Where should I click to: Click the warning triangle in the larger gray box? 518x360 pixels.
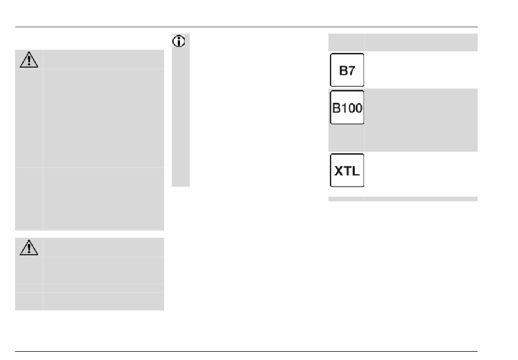coord(29,60)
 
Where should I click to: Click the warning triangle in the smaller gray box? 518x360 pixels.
coord(29,248)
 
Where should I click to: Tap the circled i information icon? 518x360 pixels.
coord(179,41)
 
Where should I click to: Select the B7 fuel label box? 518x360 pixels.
coord(347,70)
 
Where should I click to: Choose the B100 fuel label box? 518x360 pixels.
coord(347,107)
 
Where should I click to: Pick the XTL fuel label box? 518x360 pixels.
coord(347,170)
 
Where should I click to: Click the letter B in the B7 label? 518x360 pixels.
coord(343,70)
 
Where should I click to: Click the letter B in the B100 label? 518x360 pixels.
coord(336,108)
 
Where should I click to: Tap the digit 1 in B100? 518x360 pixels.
coord(343,108)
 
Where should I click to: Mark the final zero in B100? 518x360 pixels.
coord(358,108)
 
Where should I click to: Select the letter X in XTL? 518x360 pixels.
coord(339,171)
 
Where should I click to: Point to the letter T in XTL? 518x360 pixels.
coord(347,171)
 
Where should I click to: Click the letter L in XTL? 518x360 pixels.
coord(356,171)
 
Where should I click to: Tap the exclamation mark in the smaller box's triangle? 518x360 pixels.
coord(29,249)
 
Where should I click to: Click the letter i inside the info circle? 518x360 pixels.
coord(179,41)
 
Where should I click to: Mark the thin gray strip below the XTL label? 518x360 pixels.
coord(403,199)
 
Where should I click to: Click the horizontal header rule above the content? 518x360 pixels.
coord(246,27)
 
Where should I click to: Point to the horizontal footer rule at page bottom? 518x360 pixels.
coord(246,351)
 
